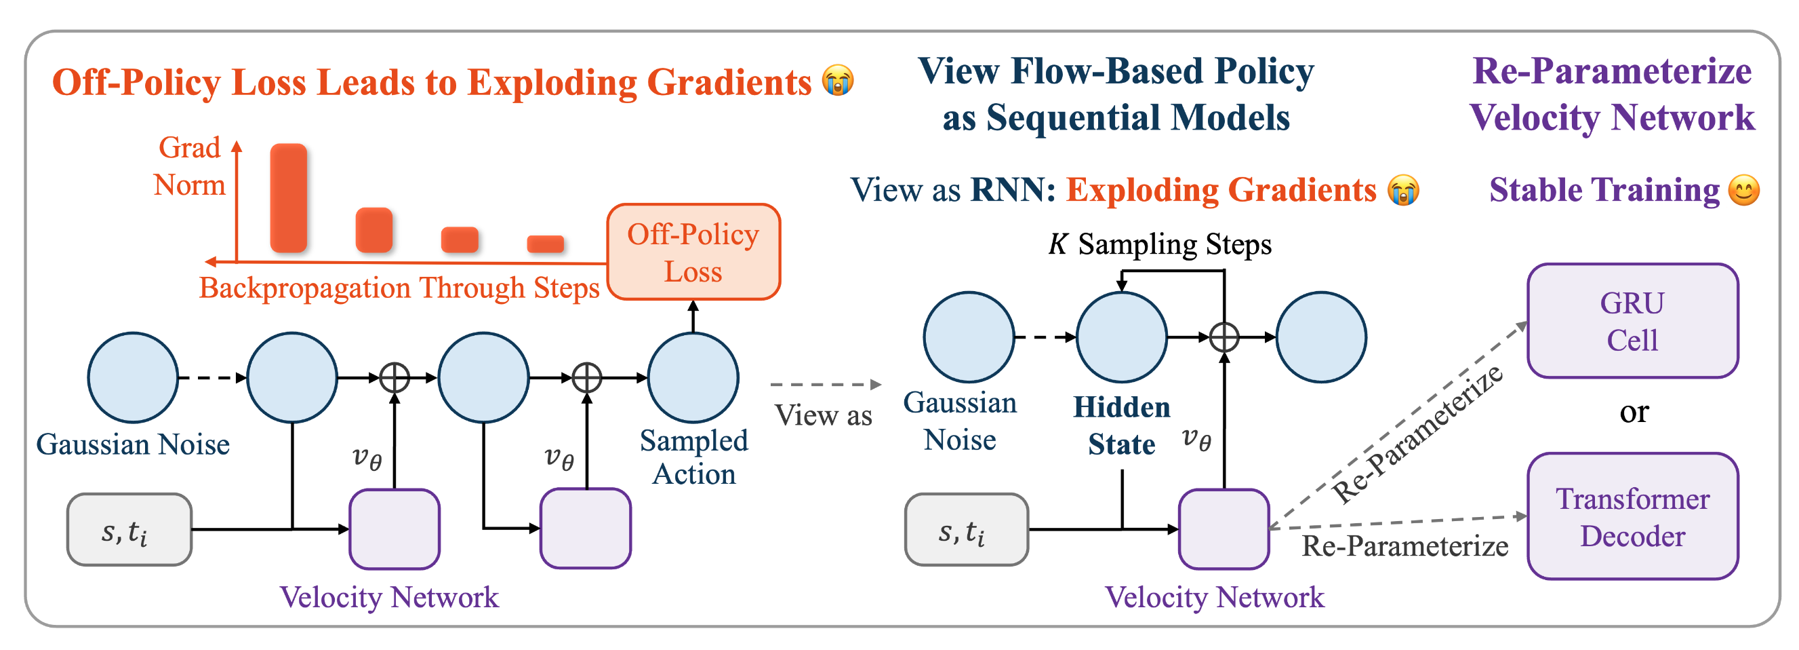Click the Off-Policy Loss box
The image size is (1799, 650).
click(693, 252)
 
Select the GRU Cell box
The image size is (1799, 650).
click(1632, 322)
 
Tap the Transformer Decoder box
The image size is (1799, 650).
click(1632, 517)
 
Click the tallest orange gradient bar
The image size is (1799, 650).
click(289, 198)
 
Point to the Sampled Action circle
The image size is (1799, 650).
click(693, 377)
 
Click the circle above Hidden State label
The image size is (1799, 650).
click(1121, 337)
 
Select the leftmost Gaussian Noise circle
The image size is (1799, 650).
click(133, 377)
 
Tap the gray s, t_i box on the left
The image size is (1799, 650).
click(129, 530)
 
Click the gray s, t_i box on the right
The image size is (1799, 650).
click(966, 530)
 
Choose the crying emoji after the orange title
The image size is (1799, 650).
click(837, 80)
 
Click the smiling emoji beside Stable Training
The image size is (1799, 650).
click(1744, 190)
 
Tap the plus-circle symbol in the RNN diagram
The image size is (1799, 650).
click(1224, 337)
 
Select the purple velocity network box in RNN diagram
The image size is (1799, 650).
click(1224, 529)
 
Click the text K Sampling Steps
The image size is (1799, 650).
click(1159, 245)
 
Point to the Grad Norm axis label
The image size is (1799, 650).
click(189, 166)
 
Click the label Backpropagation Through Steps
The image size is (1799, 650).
click(399, 288)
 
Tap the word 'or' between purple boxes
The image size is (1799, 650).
click(1634, 413)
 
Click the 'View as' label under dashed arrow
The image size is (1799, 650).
click(824, 416)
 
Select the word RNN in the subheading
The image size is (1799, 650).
click(1012, 190)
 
